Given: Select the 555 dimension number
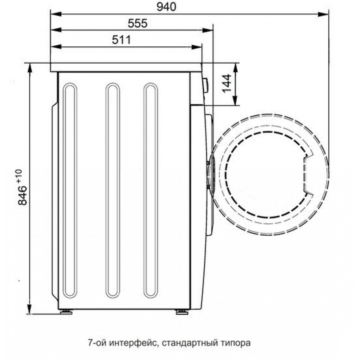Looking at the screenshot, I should [138, 23].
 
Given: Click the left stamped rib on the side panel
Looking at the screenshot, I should [70, 190].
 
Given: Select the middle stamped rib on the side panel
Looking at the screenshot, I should [112, 190].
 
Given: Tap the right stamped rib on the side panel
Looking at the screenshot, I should [151, 190].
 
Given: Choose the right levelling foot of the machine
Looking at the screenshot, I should [181, 312].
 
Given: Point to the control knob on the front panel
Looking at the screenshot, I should [205, 85].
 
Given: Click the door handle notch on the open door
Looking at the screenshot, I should [307, 175].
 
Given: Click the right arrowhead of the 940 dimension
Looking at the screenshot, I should [326, 14].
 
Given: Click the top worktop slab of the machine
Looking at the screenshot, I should [126, 68].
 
